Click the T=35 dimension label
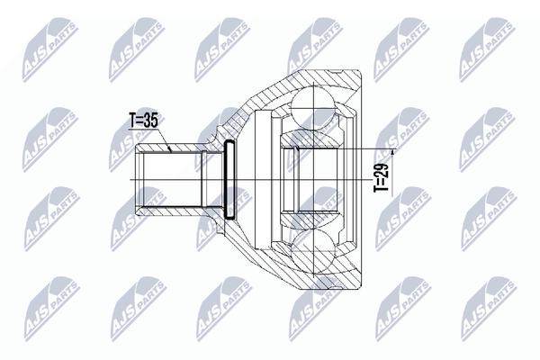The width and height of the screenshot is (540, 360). pyautogui.click(x=143, y=121)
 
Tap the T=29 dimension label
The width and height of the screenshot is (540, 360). pyautogui.click(x=382, y=177)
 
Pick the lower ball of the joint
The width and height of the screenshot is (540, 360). pyautogui.click(x=313, y=254)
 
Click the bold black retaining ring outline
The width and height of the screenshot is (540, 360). pyautogui.click(x=229, y=179)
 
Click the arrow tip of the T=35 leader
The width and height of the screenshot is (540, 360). pyautogui.click(x=170, y=150)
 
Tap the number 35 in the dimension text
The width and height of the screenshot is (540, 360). pyautogui.click(x=150, y=121)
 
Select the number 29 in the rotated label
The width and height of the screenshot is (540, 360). pyautogui.click(x=382, y=169)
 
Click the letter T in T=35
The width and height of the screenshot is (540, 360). pyautogui.click(x=132, y=121)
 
